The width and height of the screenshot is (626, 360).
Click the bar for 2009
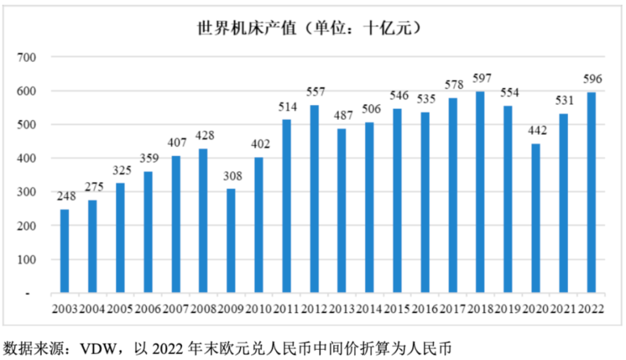pyautogui.click(x=231, y=241)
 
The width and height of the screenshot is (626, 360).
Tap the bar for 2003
pyautogui.click(x=65, y=251)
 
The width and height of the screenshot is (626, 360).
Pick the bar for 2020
pyautogui.click(x=536, y=218)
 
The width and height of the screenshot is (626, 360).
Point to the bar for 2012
pyautogui.click(x=314, y=199)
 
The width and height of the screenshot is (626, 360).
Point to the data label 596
pyautogui.click(x=591, y=80)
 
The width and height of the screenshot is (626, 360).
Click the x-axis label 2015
pyautogui.click(x=397, y=308)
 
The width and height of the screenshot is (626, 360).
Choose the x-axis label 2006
pyautogui.click(x=148, y=308)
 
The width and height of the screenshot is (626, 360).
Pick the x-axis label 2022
pyautogui.click(x=591, y=308)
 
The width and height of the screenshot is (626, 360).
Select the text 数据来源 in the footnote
pyautogui.click(x=26, y=348)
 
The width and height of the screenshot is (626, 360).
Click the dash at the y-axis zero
pyautogui.click(x=28, y=293)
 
